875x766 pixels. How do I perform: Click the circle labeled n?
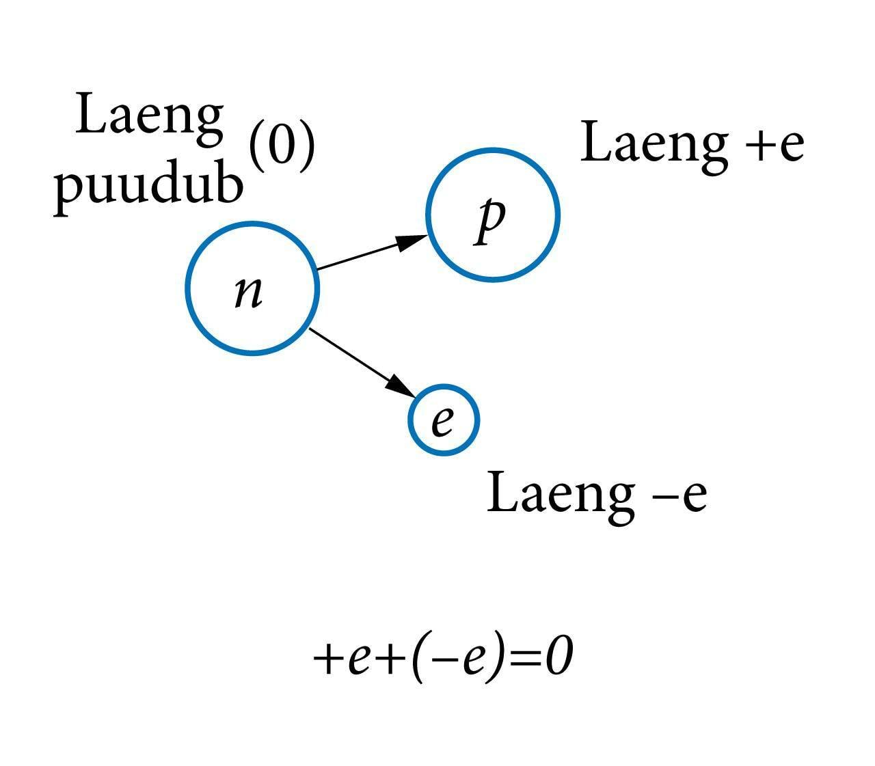click(252, 288)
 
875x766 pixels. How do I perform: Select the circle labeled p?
click(493, 214)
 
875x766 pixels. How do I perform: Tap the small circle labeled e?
click(444, 420)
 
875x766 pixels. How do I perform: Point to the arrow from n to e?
click(355, 359)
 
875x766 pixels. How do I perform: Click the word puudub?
click(149, 186)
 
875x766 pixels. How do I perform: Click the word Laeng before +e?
click(654, 146)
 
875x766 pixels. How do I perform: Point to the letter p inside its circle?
click(491, 220)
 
